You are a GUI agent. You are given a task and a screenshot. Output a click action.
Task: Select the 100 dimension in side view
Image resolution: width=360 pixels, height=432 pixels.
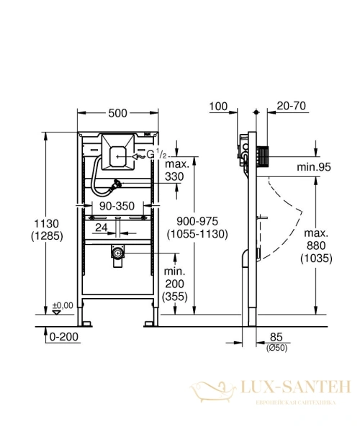point(219,107)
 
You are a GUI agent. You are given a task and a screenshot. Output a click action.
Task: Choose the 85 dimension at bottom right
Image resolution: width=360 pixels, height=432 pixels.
point(275,336)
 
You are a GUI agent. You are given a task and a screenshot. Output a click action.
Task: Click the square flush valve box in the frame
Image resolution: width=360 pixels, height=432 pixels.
point(117,151)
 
